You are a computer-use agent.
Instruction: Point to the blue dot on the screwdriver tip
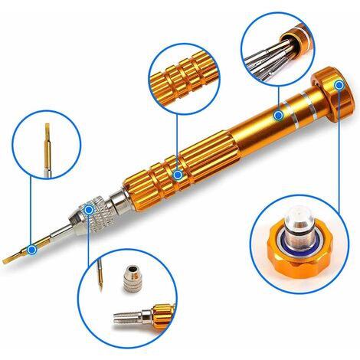coord(32,249)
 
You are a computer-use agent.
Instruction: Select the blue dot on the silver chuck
coord(89,208)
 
